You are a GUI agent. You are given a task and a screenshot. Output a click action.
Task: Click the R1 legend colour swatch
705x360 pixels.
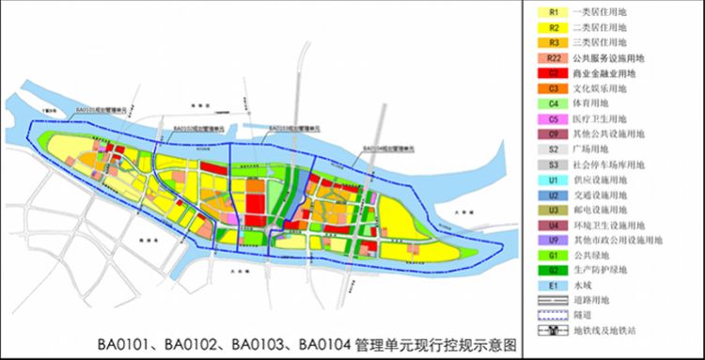[x=551, y=12]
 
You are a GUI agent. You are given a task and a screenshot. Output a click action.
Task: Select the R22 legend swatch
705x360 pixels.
[x=551, y=57]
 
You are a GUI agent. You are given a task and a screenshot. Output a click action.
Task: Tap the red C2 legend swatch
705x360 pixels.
[x=551, y=72]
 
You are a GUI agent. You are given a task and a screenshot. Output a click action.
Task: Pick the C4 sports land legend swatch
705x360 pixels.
[x=551, y=102]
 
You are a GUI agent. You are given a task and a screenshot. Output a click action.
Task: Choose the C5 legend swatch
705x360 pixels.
[x=551, y=118]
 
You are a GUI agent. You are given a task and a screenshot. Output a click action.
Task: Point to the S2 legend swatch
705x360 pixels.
[x=551, y=149]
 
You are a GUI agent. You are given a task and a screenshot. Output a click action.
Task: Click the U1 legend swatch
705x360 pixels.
[x=551, y=179]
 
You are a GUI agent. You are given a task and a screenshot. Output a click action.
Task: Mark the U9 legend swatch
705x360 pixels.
[x=551, y=240]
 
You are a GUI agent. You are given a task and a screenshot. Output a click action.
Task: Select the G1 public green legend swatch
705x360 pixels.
[x=551, y=255]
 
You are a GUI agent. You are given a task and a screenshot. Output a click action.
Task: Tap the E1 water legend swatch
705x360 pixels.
[x=551, y=285]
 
